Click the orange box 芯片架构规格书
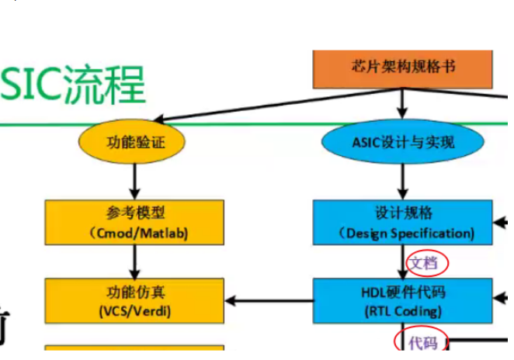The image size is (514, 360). [402, 68]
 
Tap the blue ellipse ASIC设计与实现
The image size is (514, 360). [402, 142]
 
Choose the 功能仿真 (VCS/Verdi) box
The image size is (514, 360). [135, 301]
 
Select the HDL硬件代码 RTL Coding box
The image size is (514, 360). [402, 301]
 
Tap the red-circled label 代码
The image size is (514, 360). [423, 342]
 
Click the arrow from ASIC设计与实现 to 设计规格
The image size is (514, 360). [402, 182]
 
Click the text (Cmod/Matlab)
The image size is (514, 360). [135, 231]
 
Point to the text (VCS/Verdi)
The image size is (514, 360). [135, 311]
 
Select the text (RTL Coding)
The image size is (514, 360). [402, 311]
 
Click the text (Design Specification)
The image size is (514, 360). [406, 232]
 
